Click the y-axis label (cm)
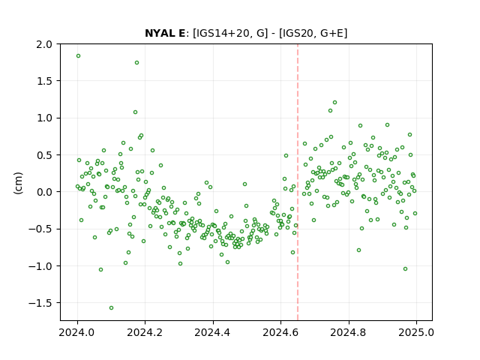(x=18, y=183)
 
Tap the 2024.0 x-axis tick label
(x=77, y=332)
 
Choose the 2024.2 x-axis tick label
(x=145, y=332)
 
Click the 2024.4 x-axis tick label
(x=213, y=332)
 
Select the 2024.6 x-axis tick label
(x=280, y=332)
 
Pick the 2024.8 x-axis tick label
(x=348, y=332)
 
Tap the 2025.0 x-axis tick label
(x=416, y=332)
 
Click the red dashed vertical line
(x=298, y=182)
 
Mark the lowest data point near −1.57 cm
(x=112, y=307)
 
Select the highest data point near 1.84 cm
(x=78, y=56)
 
